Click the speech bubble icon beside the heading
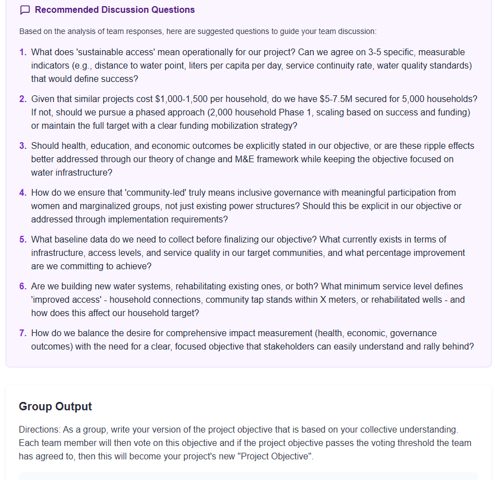click(x=25, y=10)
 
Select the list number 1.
click(x=23, y=52)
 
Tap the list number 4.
click(x=23, y=193)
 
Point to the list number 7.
click(x=23, y=333)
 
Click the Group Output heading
click(x=55, y=406)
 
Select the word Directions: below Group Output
click(x=37, y=430)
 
